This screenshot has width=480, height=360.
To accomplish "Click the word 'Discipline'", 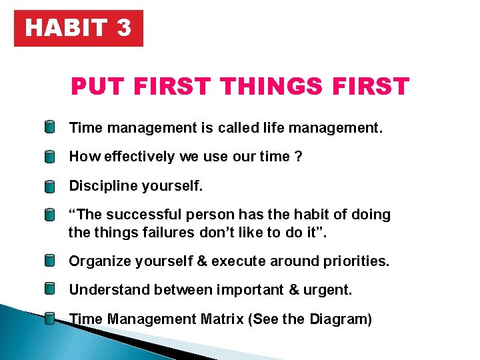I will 102,185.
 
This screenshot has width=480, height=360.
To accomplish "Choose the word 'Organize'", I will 100,261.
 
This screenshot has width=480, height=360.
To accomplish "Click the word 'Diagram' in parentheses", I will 339,319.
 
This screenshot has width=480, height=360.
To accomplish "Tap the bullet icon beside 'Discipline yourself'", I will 50,187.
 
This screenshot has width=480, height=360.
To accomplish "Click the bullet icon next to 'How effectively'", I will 50,157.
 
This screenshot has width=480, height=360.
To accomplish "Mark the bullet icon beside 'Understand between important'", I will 50,289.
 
